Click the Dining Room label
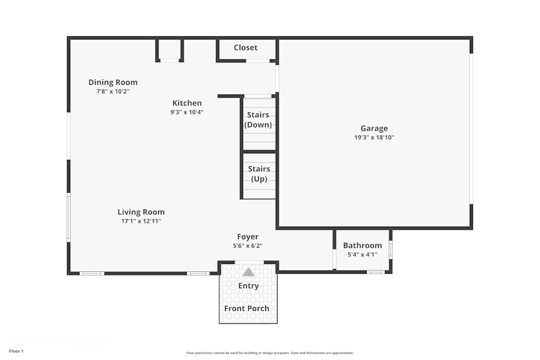113,82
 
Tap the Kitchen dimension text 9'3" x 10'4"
187,112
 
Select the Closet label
246,47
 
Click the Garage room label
374,128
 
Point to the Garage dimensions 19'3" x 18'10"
374,138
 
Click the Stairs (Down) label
258,120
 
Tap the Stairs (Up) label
259,174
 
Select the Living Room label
141,212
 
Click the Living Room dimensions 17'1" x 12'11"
141,221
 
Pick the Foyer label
248,236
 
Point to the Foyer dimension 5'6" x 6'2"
248,246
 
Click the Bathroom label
362,245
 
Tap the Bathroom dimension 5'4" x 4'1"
362,254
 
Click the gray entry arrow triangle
248,273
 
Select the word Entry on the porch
248,286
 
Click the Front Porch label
247,309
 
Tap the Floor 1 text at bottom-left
16,351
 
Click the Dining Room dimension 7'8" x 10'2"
113,92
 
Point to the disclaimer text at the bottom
270,353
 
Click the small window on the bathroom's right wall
390,250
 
